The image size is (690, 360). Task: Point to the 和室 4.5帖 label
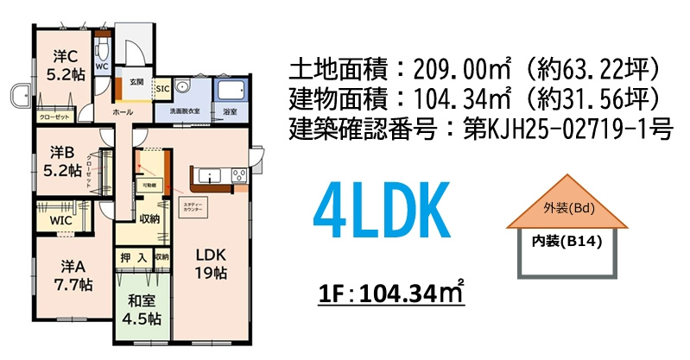tap(142, 310)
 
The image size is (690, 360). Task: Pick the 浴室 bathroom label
tap(231, 112)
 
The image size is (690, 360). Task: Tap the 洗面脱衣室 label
tap(182, 112)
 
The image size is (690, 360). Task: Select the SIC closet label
tap(162, 87)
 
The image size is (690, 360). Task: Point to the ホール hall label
tap(122, 112)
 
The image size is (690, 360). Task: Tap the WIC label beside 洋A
tap(61, 220)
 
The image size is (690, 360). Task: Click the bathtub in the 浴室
tap(231, 91)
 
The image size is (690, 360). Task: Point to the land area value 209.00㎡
tap(462, 66)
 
